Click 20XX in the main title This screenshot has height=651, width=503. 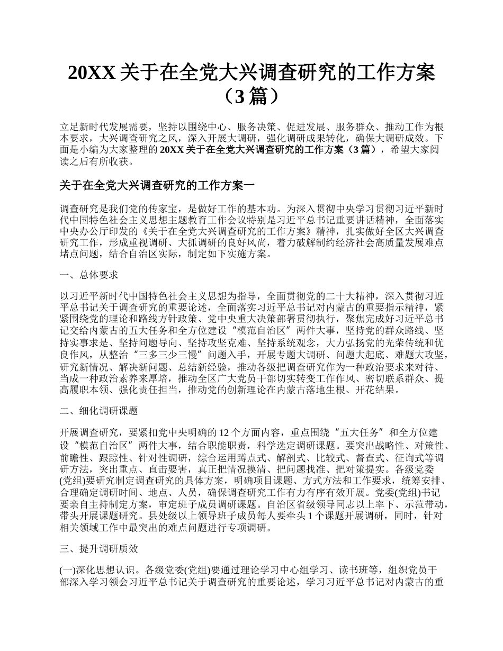point(92,73)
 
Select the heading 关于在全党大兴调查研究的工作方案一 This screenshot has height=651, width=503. point(157,186)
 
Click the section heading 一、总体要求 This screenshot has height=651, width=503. point(88,275)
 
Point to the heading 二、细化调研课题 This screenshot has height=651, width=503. point(98,411)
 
